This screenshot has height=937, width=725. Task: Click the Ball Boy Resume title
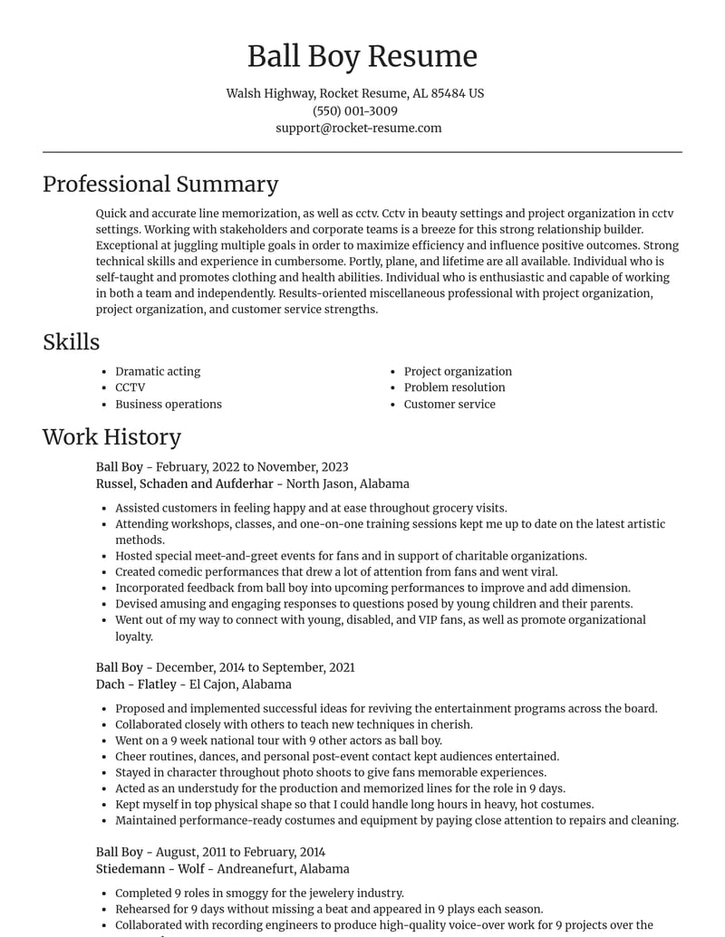(x=362, y=56)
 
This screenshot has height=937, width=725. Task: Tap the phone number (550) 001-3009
(x=355, y=110)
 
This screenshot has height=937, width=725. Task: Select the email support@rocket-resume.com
(x=359, y=128)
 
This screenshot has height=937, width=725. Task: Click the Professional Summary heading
(x=160, y=184)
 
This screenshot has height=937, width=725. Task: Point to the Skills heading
(x=71, y=341)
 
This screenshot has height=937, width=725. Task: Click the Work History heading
(x=111, y=436)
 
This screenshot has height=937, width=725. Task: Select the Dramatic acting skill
(x=158, y=371)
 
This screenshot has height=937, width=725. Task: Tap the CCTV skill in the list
(x=130, y=387)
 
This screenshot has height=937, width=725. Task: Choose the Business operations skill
(x=168, y=404)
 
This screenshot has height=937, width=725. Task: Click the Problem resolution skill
(x=454, y=387)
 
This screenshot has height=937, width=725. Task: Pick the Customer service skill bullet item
(x=449, y=404)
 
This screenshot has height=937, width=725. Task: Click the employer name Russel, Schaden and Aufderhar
(x=184, y=483)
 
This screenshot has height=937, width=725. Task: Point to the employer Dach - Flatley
(x=136, y=684)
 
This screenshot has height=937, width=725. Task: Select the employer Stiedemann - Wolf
(x=149, y=869)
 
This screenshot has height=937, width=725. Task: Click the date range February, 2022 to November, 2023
(x=252, y=467)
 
